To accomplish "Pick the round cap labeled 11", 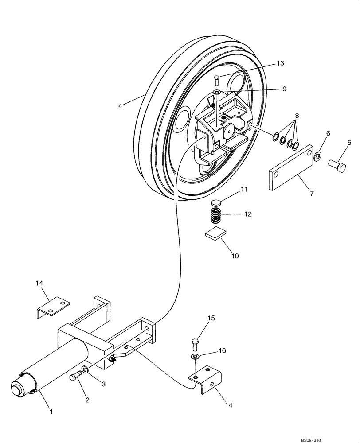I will pos(216,203).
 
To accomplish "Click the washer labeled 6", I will pos(317,156).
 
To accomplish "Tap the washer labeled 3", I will pos(85,369).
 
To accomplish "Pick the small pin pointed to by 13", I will pos(217,80).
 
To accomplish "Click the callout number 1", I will pos(51,412).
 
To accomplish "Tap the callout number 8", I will pos(297,116).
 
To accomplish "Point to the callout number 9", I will pos(284,89).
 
